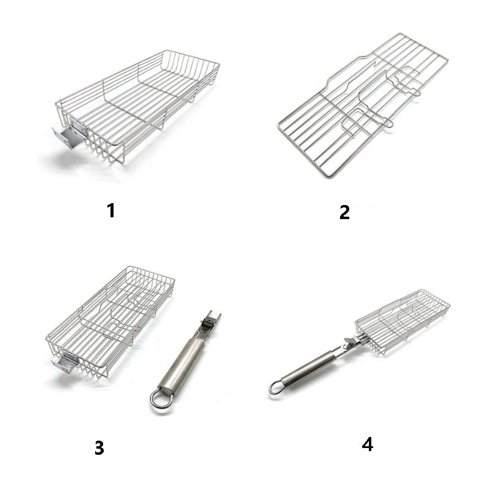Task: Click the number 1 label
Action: [111, 211]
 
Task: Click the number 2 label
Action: [344, 212]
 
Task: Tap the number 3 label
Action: [99, 448]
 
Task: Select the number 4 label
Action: [367, 444]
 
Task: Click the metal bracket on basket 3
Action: [65, 364]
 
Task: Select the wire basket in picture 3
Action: [110, 319]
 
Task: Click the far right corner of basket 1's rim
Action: [219, 64]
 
